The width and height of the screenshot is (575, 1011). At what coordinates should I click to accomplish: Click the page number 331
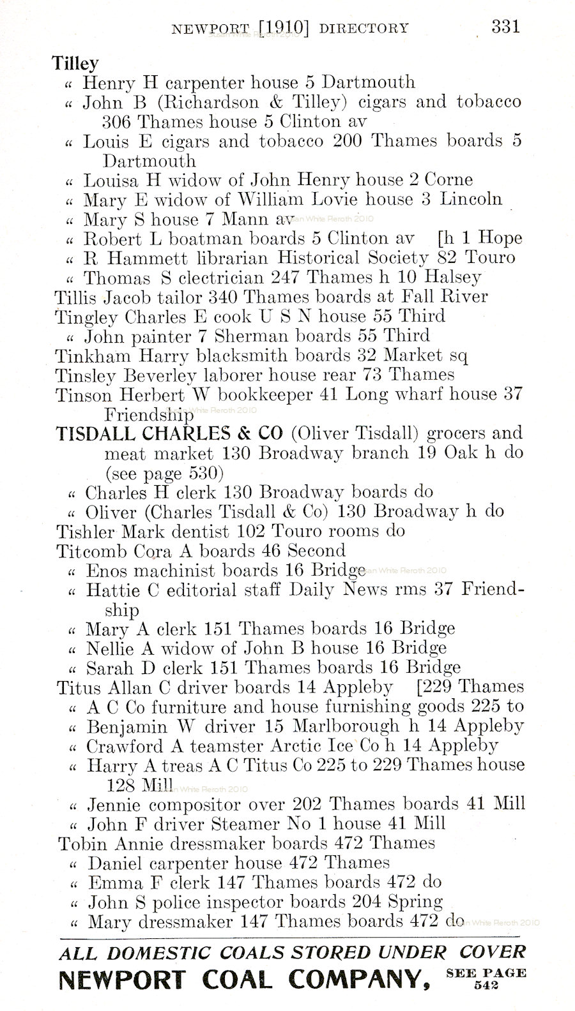pyautogui.click(x=505, y=27)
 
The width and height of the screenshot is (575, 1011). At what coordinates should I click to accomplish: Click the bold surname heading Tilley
pyautogui.click(x=75, y=63)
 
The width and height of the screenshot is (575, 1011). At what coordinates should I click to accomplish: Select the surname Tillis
pyautogui.click(x=76, y=297)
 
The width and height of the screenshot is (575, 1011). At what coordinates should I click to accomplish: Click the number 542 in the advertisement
pyautogui.click(x=486, y=985)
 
